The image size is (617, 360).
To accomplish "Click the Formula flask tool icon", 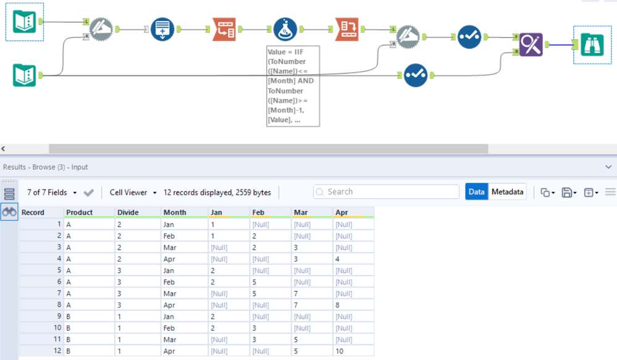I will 285,29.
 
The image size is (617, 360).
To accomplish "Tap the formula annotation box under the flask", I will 293,86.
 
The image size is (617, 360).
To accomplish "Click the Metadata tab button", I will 508,192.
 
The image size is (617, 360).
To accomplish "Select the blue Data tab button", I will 476,192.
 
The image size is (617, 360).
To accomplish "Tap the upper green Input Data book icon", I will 25,22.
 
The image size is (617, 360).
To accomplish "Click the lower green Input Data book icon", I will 25,75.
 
